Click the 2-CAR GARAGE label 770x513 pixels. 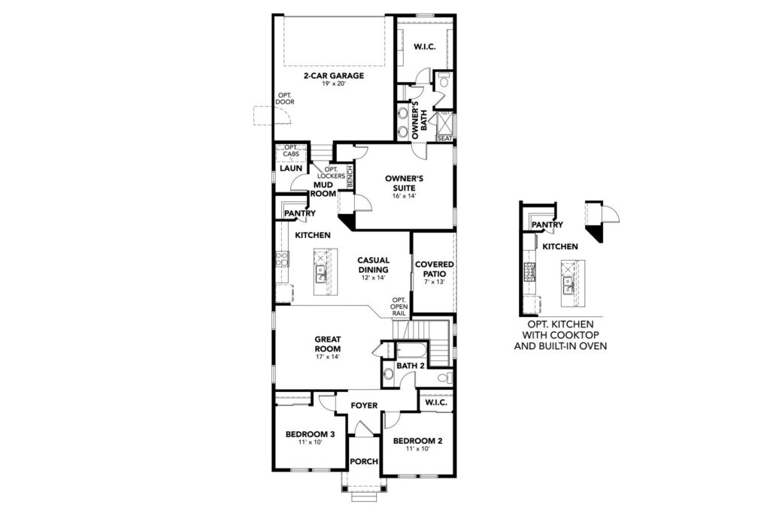tap(333, 76)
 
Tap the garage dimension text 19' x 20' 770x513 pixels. tap(334, 84)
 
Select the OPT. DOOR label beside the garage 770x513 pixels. tap(285, 98)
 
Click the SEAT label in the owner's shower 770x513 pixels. tap(444, 138)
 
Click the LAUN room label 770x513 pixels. tap(291, 168)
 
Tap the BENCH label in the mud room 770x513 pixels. tap(350, 177)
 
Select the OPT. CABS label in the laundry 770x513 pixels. tap(291, 150)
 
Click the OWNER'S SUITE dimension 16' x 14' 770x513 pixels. tap(404, 196)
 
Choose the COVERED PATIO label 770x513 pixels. tap(435, 269)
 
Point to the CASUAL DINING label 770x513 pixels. tap(373, 265)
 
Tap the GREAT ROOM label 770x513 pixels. tap(328, 344)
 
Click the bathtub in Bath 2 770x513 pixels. tap(412, 352)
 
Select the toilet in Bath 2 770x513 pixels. tap(445, 378)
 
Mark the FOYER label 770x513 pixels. tap(365, 405)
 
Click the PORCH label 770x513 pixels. tap(365, 461)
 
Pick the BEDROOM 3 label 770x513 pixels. tap(311, 434)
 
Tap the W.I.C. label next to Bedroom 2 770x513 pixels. tap(436, 403)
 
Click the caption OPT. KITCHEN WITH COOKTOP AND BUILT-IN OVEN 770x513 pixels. tap(560, 335)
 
